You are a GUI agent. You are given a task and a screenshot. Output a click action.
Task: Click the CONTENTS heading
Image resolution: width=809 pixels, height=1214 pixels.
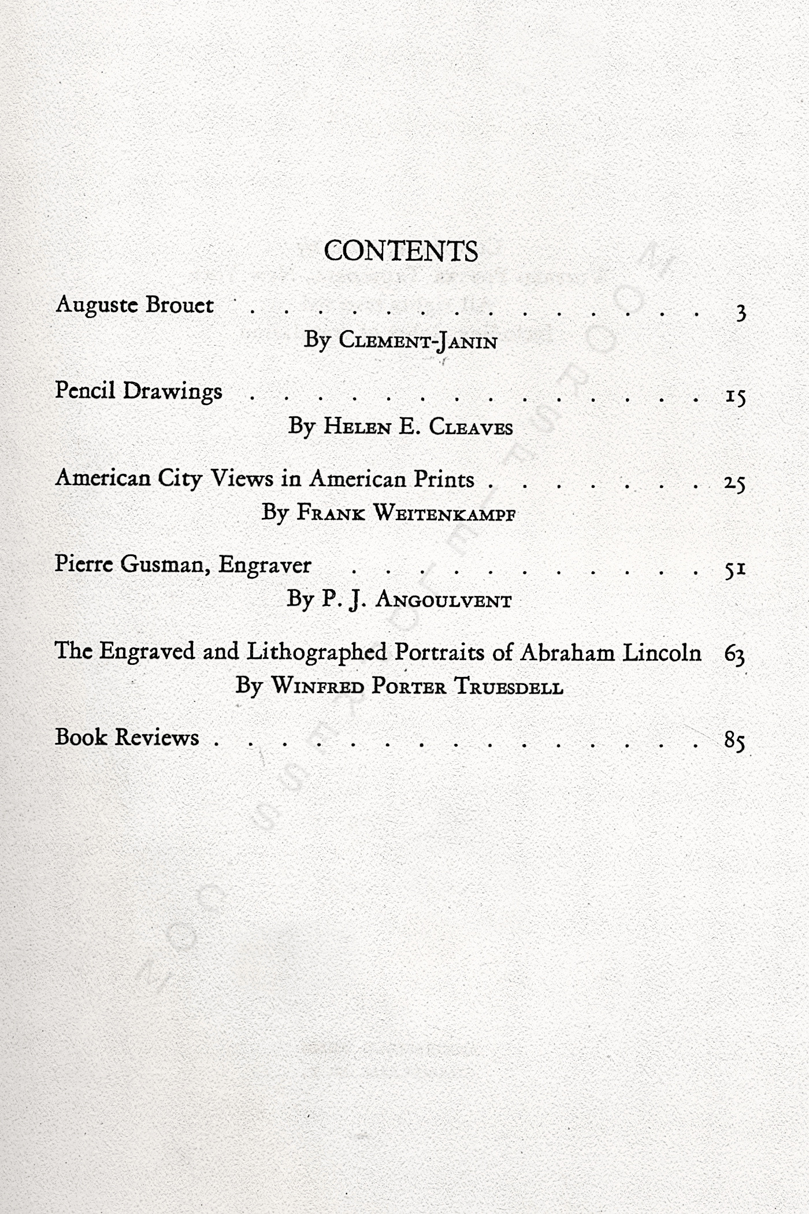tap(401, 251)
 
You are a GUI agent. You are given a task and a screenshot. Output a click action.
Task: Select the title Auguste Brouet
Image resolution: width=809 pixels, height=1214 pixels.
tap(135, 305)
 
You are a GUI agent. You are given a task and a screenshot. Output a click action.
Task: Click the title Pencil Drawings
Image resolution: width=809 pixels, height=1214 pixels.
tap(139, 392)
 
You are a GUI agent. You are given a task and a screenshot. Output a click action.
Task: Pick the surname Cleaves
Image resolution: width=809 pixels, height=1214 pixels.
tap(471, 428)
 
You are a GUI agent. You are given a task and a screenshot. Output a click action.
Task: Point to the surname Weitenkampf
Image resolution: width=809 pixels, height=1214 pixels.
tap(444, 513)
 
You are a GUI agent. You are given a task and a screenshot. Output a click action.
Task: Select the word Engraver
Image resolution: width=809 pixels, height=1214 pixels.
tap(265, 565)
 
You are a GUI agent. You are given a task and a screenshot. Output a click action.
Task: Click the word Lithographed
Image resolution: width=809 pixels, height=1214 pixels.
tap(317, 652)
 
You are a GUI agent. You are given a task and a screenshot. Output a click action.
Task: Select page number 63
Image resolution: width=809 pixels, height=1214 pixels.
tap(734, 656)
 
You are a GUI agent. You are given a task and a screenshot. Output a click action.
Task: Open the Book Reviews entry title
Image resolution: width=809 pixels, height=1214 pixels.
tap(127, 737)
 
